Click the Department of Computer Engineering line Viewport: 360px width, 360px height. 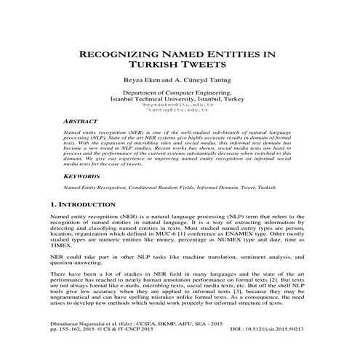coord(180,94)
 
